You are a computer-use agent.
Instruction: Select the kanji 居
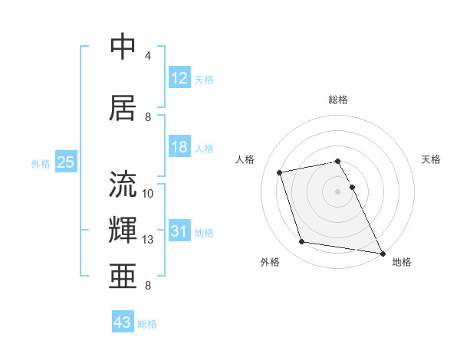123,108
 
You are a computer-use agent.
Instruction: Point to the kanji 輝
123,230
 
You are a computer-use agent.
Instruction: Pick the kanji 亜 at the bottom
123,276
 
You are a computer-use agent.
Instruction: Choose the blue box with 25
65,162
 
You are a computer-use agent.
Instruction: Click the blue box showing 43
123,322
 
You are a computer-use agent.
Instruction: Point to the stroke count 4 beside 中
148,56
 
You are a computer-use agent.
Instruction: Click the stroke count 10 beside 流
149,194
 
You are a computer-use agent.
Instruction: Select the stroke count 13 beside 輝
149,240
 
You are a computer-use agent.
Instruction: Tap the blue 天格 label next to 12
204,79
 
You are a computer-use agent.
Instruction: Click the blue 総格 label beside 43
147,324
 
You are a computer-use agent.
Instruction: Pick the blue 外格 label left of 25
41,163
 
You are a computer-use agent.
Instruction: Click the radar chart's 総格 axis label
338,100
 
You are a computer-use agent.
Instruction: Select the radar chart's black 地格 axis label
402,262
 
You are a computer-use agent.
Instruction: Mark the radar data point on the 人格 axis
280,172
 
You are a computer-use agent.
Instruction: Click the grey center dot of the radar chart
338,191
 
